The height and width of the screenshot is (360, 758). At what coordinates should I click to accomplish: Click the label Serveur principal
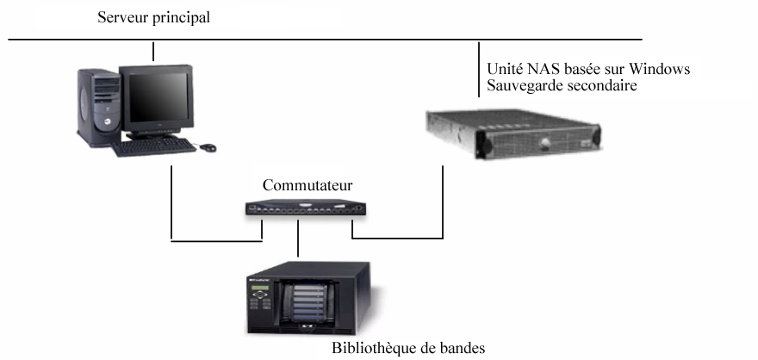coord(153,18)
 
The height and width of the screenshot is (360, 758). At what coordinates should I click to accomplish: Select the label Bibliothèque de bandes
coord(407,350)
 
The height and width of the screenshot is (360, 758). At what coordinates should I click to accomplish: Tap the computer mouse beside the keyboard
coord(208,147)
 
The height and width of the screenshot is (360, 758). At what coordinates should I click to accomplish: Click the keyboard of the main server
coord(154,146)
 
